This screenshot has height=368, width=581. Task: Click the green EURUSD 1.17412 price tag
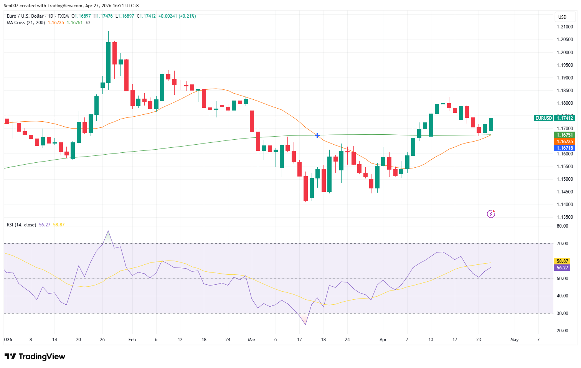pos(554,118)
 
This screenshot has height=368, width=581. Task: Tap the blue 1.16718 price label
pos(564,148)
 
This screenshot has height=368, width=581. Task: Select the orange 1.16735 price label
pos(564,142)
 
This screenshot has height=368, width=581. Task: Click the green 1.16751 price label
pos(564,135)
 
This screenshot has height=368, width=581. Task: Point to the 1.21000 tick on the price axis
pos(564,27)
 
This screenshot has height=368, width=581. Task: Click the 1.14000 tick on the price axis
pos(564,205)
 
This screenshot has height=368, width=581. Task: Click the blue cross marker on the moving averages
pos(317,135)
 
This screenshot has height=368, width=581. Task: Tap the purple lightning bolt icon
pos(491,214)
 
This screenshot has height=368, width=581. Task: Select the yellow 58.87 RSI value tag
pos(562,261)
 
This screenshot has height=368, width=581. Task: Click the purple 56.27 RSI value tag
pos(562,268)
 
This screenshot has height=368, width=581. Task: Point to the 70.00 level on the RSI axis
pos(562,244)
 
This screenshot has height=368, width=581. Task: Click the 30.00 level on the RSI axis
pos(562,314)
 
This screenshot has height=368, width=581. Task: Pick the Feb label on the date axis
pos(132,340)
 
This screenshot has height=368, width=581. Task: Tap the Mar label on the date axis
pos(252,340)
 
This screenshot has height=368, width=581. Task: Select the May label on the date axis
pos(514,340)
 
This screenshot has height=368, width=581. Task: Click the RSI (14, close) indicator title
pos(21,225)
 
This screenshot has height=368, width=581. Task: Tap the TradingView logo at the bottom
pos(35,356)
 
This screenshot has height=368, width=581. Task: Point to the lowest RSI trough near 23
pos(305,324)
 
